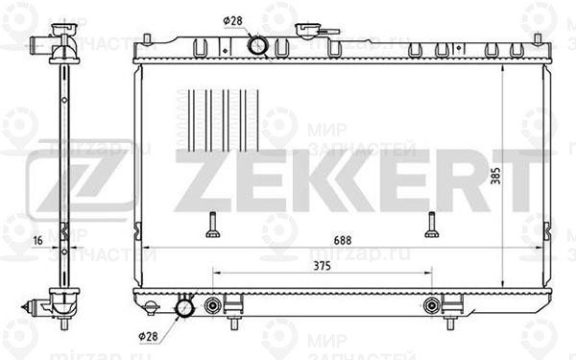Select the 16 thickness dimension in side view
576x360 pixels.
36,241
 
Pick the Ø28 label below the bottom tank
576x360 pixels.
149,336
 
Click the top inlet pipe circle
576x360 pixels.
257,44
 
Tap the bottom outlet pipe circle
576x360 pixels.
184,309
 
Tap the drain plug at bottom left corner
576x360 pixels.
150,307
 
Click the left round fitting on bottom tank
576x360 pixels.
212,307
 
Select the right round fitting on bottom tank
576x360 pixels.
431,307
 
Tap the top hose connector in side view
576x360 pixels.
43,42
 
